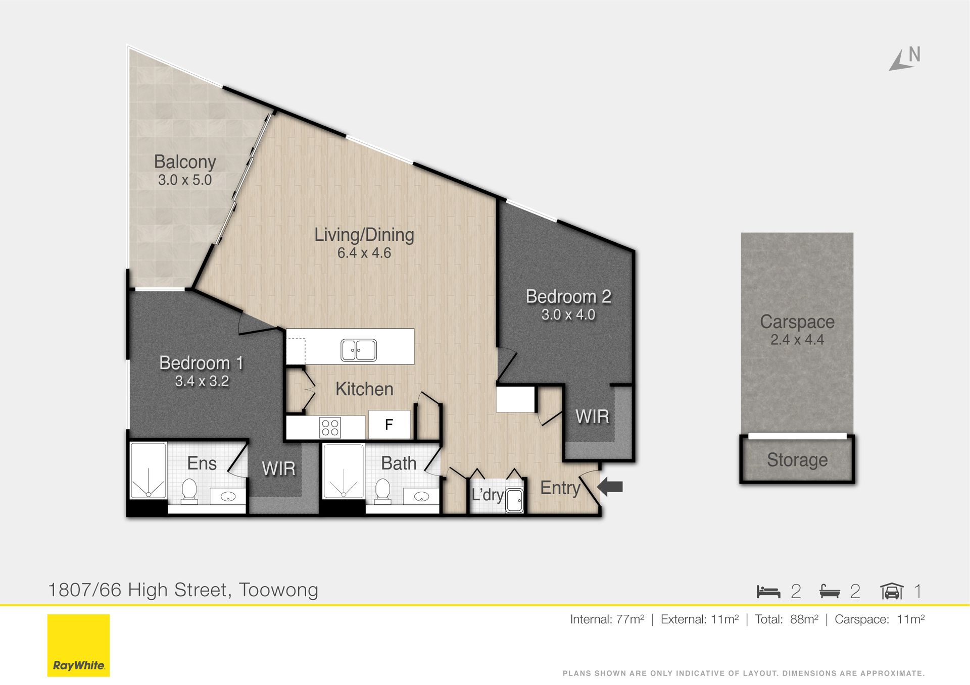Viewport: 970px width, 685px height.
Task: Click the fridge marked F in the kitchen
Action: pos(389,425)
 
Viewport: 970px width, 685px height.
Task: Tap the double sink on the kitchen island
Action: pos(359,350)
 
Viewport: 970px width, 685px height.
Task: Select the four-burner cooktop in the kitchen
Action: pos(330,428)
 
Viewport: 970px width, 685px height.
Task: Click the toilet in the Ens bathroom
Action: pos(189,491)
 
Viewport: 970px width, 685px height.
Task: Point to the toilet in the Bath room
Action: pos(382,491)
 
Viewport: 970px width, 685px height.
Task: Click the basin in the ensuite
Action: pos(228,497)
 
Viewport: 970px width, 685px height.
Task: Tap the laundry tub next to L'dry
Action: pos(514,500)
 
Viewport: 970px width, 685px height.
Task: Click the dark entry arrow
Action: pos(610,487)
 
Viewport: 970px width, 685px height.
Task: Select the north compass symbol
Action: pos(905,59)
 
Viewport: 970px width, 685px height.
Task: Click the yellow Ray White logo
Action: pos(78,645)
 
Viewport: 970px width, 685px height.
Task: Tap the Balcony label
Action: pos(185,162)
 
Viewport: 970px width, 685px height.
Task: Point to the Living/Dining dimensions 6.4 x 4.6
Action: pos(364,253)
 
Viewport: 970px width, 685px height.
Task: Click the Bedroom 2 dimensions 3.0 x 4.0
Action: pos(568,314)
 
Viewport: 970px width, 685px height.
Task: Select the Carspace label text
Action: pos(797,322)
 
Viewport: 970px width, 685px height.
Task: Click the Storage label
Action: pos(797,460)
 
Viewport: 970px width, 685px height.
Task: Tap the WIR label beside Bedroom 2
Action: pos(592,416)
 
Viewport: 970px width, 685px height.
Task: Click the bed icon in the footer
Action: pos(768,591)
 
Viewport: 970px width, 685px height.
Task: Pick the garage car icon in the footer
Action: pos(892,591)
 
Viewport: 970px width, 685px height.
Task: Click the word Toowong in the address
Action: pos(278,590)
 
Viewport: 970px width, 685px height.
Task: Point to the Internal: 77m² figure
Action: pos(607,619)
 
